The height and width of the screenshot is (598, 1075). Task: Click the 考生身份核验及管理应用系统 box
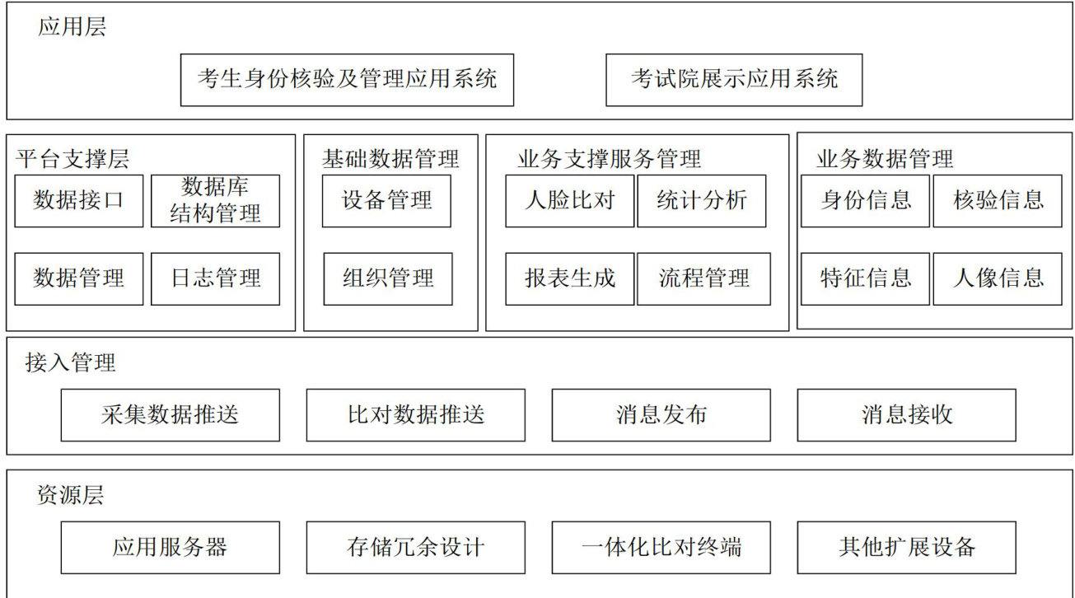pyautogui.click(x=347, y=80)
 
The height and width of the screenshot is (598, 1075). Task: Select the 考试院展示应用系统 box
pyautogui.click(x=734, y=80)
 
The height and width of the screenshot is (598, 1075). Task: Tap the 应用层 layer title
pyautogui.click(x=72, y=27)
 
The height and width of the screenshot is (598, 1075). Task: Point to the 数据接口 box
pyautogui.click(x=79, y=200)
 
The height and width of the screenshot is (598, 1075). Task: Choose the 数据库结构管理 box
pyautogui.click(x=216, y=200)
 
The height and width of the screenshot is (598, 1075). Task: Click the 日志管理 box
pyautogui.click(x=216, y=278)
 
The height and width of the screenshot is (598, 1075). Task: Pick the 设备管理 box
pyautogui.click(x=386, y=200)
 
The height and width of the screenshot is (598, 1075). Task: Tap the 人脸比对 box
pyautogui.click(x=570, y=200)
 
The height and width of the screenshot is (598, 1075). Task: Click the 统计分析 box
pyautogui.click(x=702, y=200)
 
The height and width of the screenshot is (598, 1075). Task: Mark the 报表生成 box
pyautogui.click(x=570, y=278)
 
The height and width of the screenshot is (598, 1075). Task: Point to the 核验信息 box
pyautogui.click(x=998, y=200)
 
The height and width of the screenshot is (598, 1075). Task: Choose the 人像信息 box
pyautogui.click(x=998, y=278)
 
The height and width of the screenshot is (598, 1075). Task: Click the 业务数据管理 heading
pyautogui.click(x=885, y=158)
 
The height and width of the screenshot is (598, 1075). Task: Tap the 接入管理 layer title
pyautogui.click(x=71, y=362)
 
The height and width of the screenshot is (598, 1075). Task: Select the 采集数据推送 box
pyautogui.click(x=171, y=414)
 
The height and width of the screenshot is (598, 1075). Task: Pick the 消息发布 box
pyautogui.click(x=661, y=414)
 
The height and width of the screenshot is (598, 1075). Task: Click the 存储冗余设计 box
pyautogui.click(x=416, y=547)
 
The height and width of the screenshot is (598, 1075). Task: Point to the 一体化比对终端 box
pyautogui.click(x=661, y=547)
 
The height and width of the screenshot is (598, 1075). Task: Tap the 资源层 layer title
pyautogui.click(x=71, y=496)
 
